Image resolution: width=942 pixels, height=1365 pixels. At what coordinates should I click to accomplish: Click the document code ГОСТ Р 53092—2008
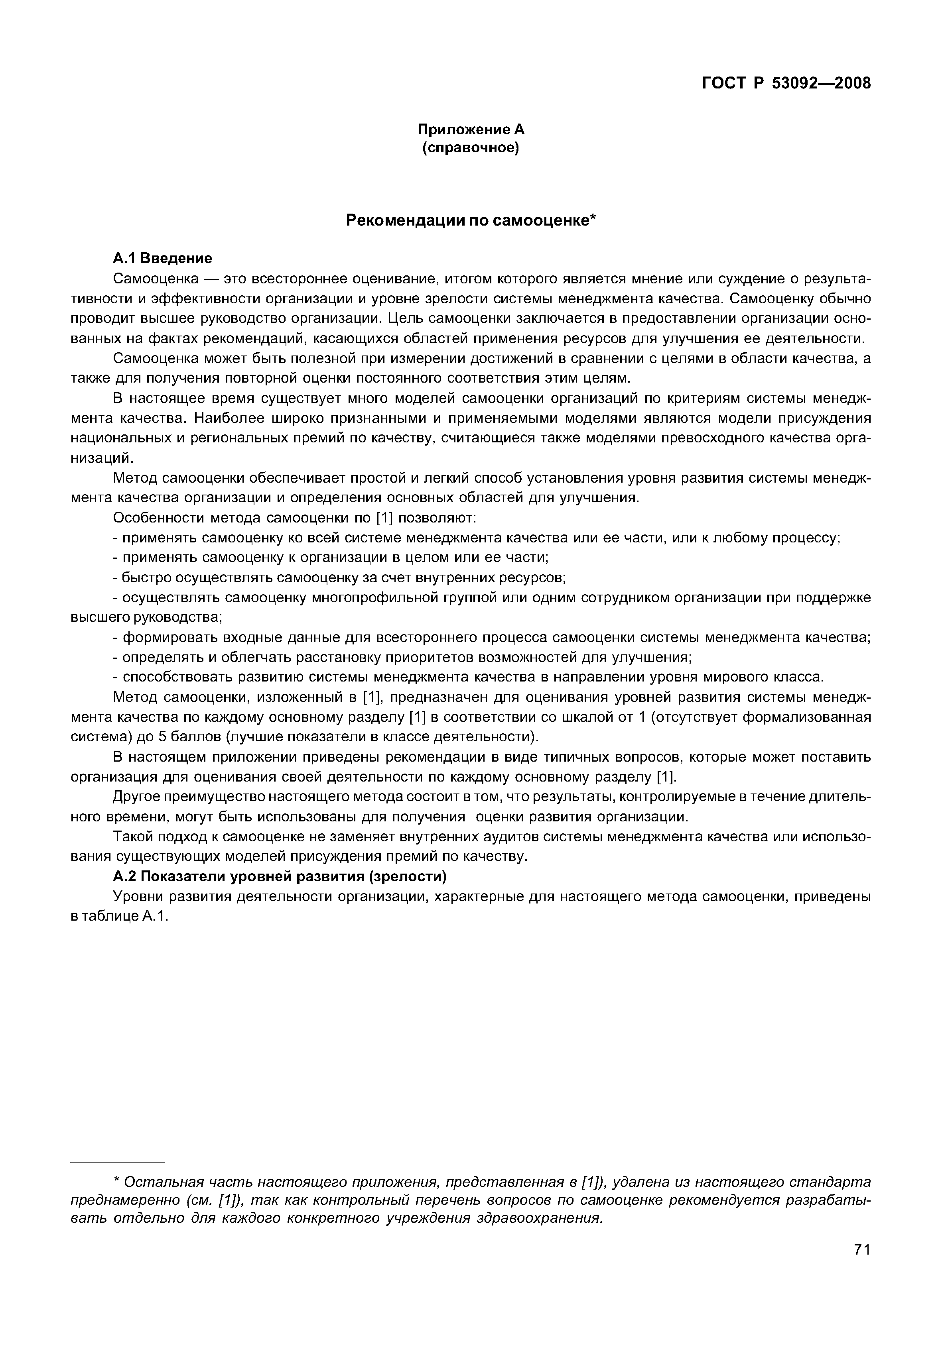pyautogui.click(x=786, y=84)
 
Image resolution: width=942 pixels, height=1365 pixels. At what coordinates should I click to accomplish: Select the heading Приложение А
pyautogui.click(x=471, y=129)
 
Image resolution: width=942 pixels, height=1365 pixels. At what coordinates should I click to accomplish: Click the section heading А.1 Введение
pyautogui.click(x=162, y=258)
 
